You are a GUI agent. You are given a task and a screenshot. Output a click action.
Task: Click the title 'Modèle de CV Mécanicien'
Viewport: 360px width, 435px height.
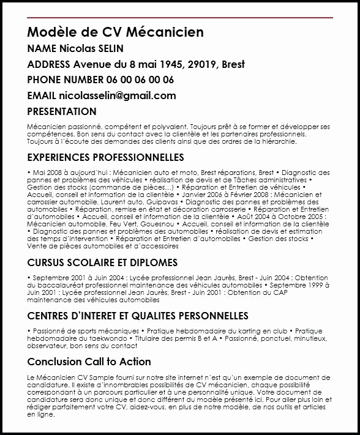click(115, 32)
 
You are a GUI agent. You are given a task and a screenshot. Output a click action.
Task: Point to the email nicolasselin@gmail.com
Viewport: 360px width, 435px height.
click(117, 95)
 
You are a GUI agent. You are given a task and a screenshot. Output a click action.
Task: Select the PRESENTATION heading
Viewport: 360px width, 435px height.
click(62, 111)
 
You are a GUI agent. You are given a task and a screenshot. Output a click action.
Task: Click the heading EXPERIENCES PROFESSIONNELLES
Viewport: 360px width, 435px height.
click(105, 157)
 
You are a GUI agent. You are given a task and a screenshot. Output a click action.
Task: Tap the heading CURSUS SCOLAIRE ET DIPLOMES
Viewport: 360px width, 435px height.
click(102, 262)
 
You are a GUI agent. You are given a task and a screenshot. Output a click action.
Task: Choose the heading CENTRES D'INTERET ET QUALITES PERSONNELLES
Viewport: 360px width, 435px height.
click(138, 316)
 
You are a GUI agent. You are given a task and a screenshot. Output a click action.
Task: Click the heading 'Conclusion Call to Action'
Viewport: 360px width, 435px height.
click(89, 362)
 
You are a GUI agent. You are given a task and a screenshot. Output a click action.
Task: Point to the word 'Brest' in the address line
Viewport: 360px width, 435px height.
click(235, 64)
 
